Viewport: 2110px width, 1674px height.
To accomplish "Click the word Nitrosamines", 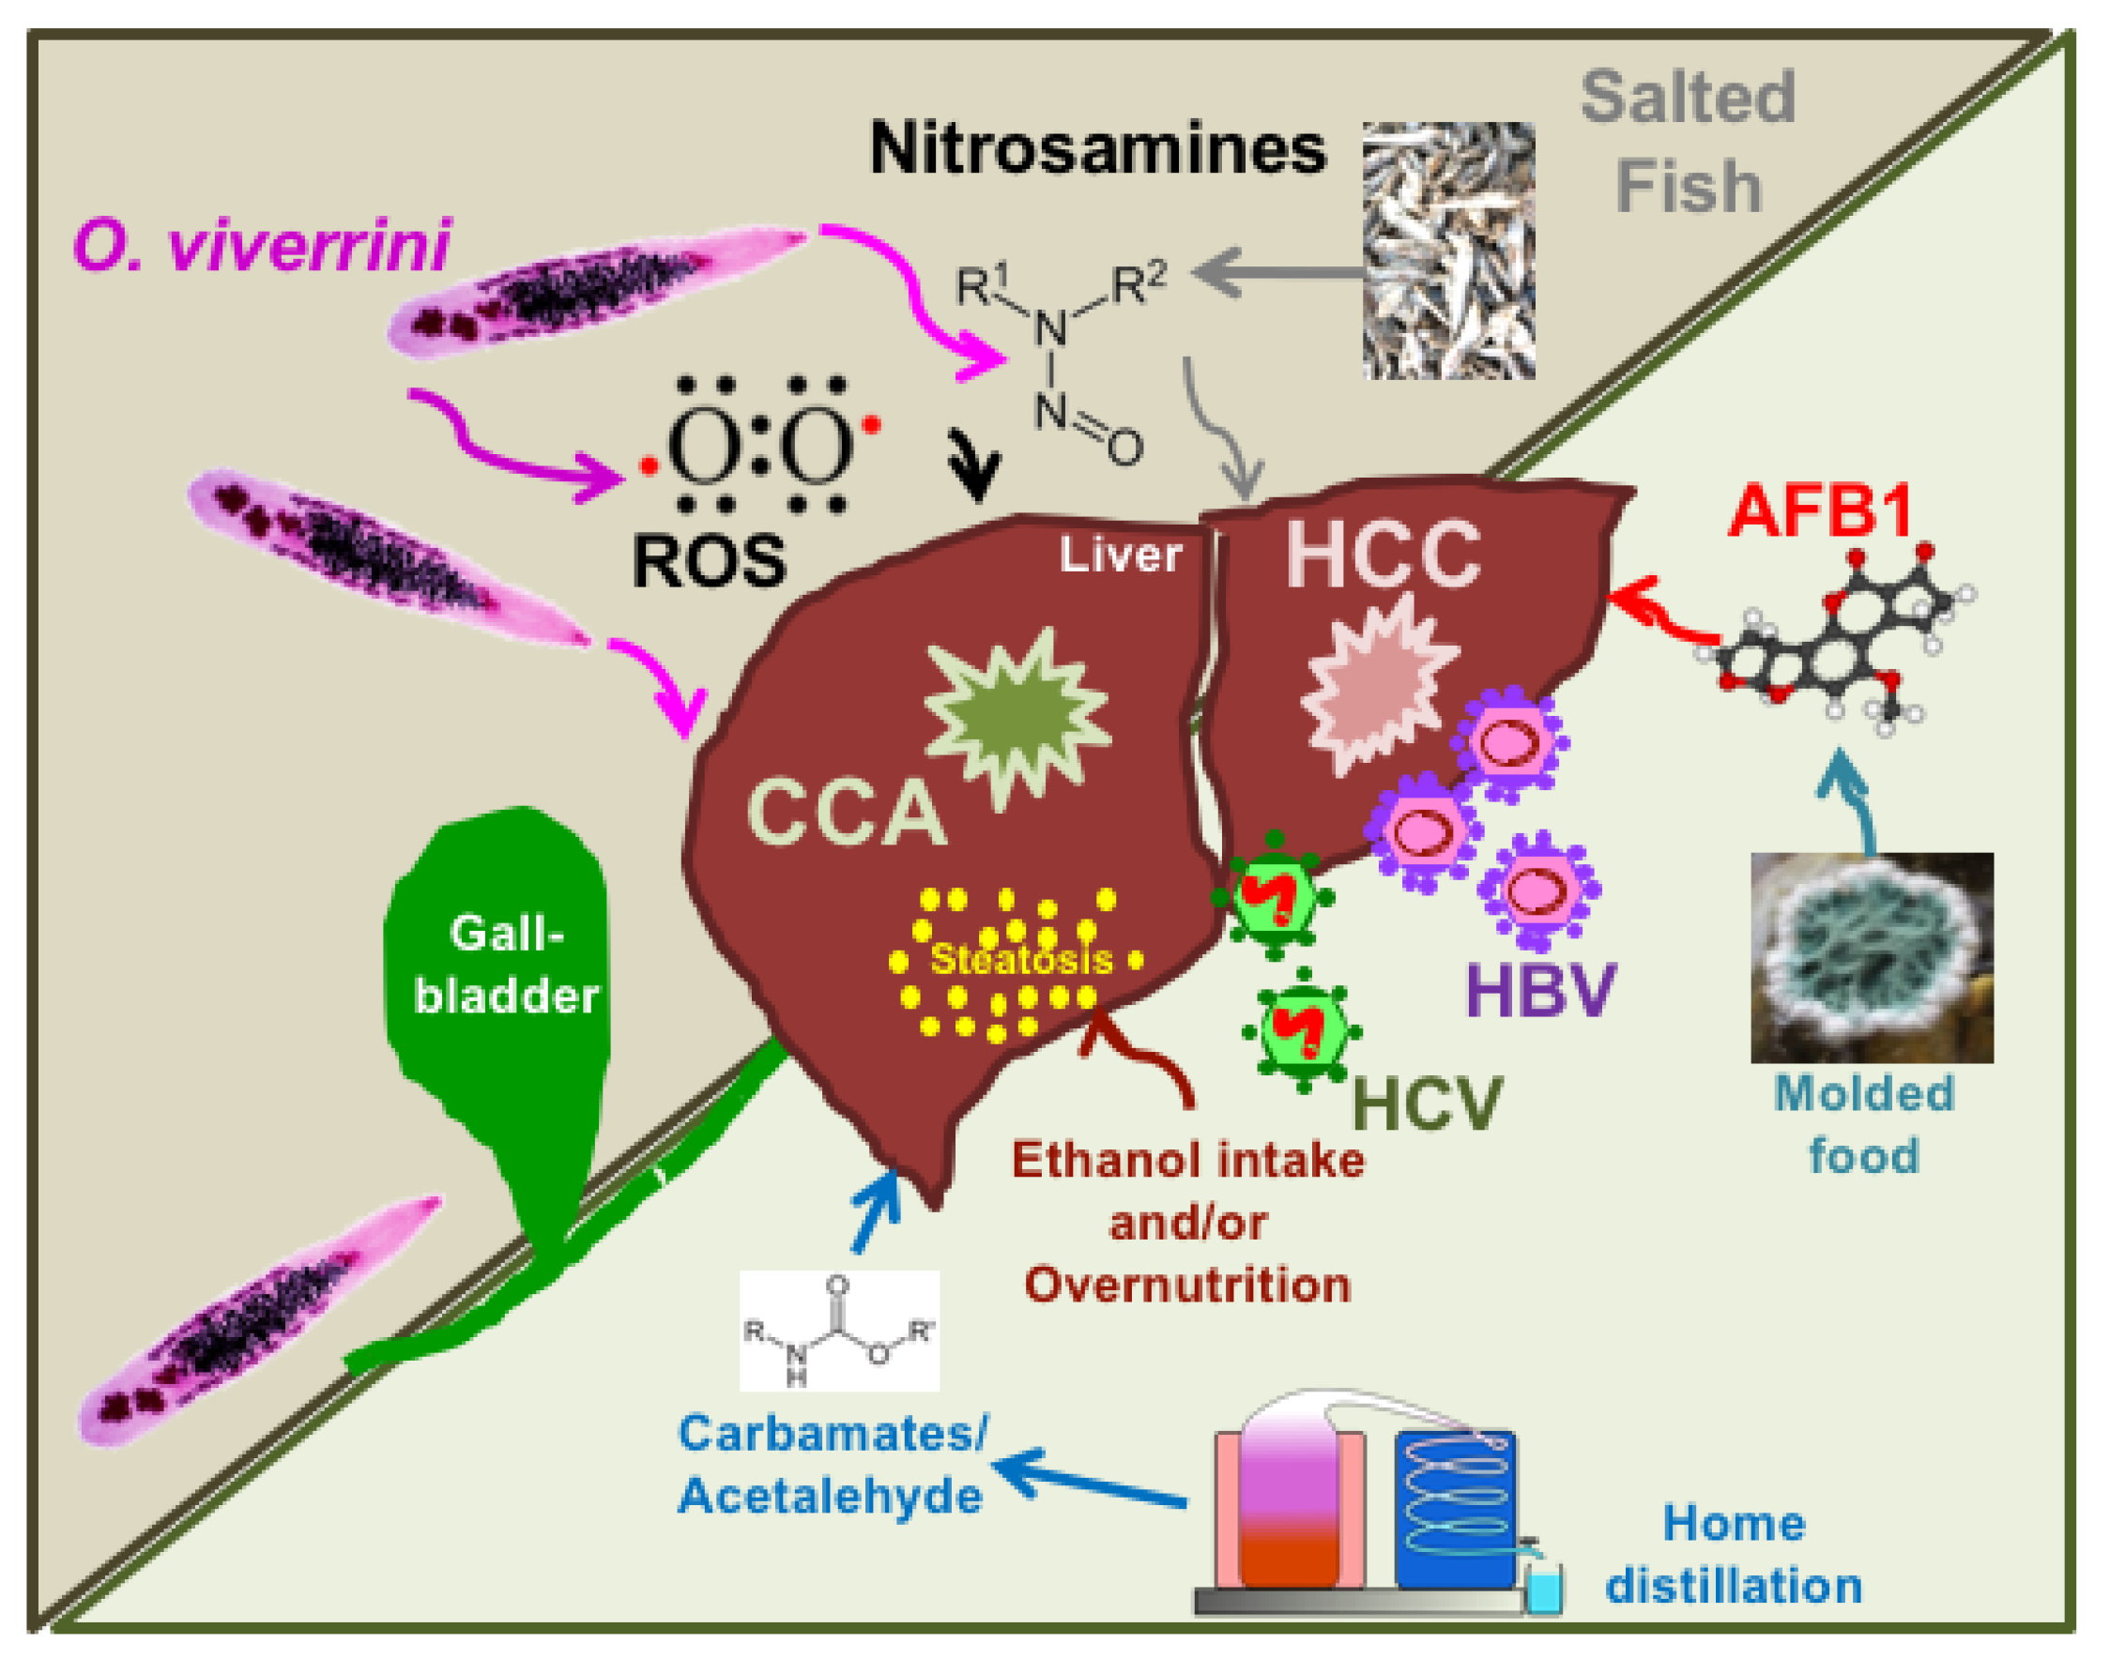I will coord(1097,150).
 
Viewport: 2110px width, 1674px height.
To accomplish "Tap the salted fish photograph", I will coord(1448,251).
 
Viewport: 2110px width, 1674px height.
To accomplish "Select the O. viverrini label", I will coord(262,245).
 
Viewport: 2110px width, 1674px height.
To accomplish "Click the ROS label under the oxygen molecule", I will coord(709,561).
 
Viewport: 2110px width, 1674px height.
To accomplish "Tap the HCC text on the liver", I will coord(1383,555).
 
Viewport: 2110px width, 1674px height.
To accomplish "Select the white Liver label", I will coord(1121,555).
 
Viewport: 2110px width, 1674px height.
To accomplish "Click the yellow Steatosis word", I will coord(1021,960).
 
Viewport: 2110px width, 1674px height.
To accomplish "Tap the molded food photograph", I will coord(1872,958).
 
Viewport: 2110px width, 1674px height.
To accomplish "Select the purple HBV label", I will coord(1540,991).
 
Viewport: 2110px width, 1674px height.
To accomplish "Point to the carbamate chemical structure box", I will coord(839,1331).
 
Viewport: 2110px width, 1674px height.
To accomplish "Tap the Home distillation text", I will coord(1734,1555).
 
